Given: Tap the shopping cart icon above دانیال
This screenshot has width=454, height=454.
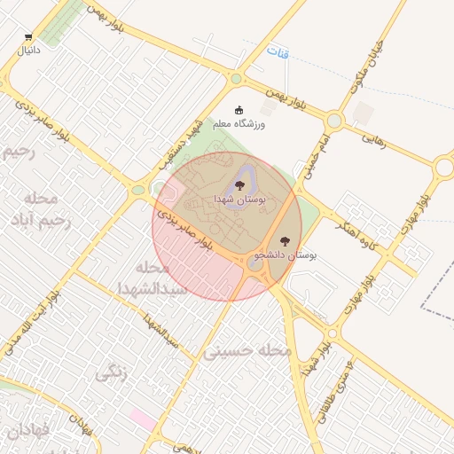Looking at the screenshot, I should pos(28,37).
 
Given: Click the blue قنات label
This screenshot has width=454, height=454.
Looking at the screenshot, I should pos(278,52).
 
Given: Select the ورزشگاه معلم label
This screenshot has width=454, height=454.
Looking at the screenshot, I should pos(239,124).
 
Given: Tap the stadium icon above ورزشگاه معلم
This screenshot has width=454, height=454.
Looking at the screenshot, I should pos(239,110).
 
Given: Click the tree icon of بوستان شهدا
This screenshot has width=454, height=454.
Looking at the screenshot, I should pos(239,185).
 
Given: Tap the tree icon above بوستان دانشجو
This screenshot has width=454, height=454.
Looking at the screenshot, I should pos(285,241).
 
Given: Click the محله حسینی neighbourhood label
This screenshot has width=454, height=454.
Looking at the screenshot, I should pos(248,351).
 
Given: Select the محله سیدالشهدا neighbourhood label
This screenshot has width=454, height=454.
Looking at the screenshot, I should pos(153,278).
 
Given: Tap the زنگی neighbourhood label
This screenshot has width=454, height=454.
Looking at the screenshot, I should pos(111,374).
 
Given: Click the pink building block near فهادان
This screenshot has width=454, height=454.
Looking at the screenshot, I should pos(142,416).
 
